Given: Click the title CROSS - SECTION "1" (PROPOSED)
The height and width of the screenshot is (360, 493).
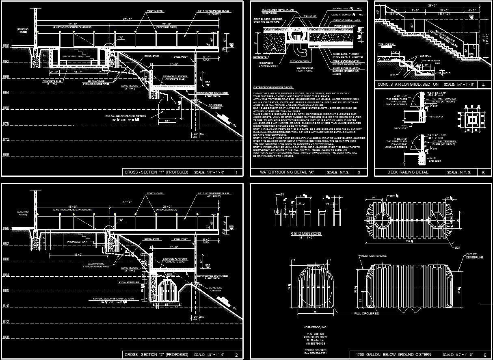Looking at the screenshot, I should pyautogui.click(x=156, y=172).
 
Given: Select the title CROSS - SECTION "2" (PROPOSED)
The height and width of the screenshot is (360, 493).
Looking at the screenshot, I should pyautogui.click(x=156, y=355).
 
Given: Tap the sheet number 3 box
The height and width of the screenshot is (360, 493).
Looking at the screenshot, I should pyautogui.click(x=359, y=173).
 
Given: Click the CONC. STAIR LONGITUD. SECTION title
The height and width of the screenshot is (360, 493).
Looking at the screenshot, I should pyautogui.click(x=408, y=85).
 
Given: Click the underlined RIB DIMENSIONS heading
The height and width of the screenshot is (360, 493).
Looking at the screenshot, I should pyautogui.click(x=306, y=234).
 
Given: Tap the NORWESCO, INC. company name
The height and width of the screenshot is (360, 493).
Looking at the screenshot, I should pyautogui.click(x=315, y=327).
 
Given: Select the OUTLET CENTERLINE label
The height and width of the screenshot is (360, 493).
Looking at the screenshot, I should pyautogui.click(x=474, y=256).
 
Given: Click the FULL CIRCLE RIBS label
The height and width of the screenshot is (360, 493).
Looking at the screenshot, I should pyautogui.click(x=367, y=314).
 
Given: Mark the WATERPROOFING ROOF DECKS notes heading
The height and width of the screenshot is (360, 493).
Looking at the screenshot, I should pyautogui.click(x=272, y=87).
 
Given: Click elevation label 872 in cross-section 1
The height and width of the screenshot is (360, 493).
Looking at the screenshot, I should pyautogui.click(x=6, y=139).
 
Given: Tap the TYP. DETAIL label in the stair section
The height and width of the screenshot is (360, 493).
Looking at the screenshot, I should pyautogui.click(x=386, y=45).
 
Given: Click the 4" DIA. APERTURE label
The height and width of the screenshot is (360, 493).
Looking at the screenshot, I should pyautogui.click(x=126, y=282).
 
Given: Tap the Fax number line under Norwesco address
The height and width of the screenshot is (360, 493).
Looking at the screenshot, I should pyautogui.click(x=316, y=353).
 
